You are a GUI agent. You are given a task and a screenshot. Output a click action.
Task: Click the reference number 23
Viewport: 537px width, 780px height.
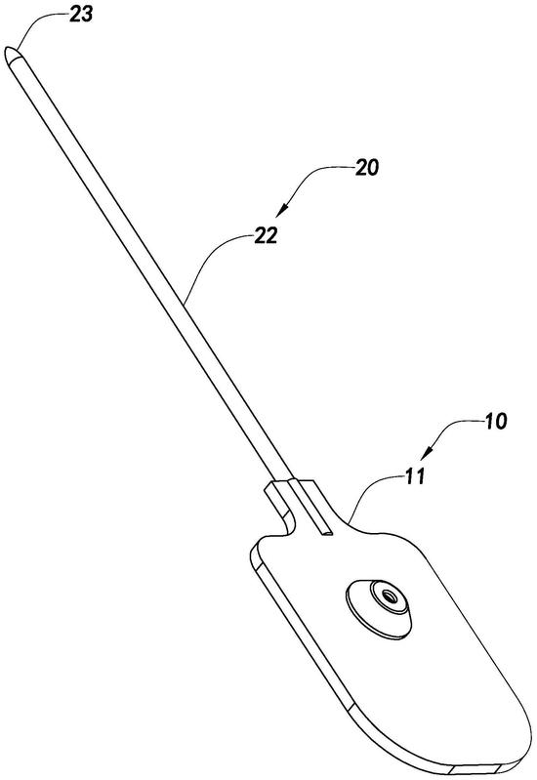tap(81, 15)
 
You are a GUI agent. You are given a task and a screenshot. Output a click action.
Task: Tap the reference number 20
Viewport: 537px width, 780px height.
tap(366, 168)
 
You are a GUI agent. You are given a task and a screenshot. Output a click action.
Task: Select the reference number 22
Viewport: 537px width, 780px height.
tap(265, 235)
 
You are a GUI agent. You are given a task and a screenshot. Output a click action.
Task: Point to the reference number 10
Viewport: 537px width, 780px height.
tap(495, 421)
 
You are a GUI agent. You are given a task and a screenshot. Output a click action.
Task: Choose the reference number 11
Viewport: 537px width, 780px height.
tap(415, 476)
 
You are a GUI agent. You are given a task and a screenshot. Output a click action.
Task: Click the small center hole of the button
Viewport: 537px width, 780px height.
tap(389, 595)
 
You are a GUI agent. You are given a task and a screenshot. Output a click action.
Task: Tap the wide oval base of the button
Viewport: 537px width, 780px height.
tap(378, 609)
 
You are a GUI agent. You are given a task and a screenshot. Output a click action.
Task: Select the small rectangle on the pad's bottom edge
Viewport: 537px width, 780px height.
tap(477, 770)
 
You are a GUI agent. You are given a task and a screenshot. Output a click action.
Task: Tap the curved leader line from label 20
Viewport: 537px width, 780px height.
tap(318, 177)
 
